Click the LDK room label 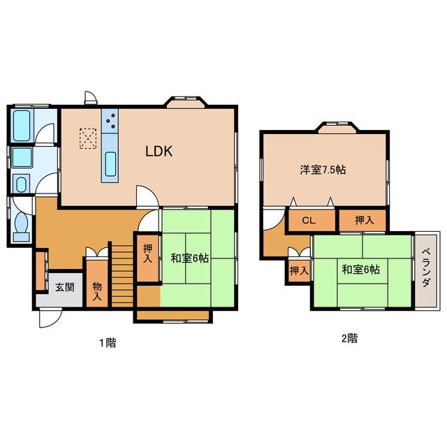coord(159,152)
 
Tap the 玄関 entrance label coord(65,287)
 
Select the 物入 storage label coord(97,291)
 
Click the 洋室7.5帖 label coord(323,170)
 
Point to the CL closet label coord(309,221)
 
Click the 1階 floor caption coord(108,342)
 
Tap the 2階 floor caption coord(349,338)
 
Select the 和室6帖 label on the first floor coord(189,258)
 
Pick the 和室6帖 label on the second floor coord(360,269)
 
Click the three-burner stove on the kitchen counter coord(110,121)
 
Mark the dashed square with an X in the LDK coord(88,138)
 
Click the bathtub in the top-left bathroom coord(22,126)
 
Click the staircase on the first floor coord(122,275)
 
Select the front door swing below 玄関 coord(50,318)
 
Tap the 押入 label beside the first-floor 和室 coord(147,254)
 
